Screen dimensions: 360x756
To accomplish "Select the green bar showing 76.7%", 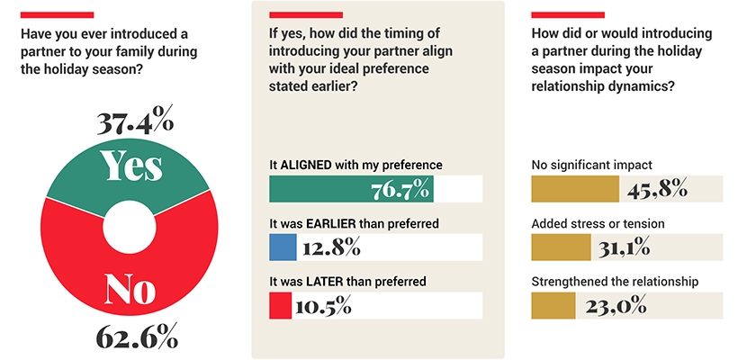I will (x=351, y=189).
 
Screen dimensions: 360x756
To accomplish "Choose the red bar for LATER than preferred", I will (x=281, y=305).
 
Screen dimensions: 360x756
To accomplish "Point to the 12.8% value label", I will (x=331, y=247).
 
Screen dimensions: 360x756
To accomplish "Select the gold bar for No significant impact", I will (x=576, y=189).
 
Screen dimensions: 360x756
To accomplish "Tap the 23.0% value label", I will (x=616, y=305).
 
